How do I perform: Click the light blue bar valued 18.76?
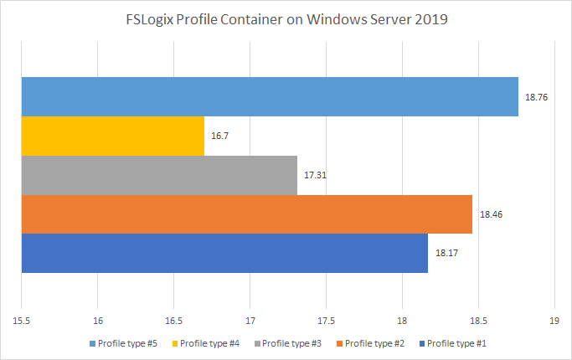tap(270, 97)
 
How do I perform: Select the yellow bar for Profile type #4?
tap(113, 136)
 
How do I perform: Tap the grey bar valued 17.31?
tap(159, 175)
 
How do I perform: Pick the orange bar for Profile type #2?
tap(246, 214)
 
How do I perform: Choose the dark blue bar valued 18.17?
tap(224, 253)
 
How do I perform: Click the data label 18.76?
tap(536, 98)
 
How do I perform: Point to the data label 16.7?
tap(220, 136)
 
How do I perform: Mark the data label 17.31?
tap(315, 176)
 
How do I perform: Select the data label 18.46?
tap(491, 214)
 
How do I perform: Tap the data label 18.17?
tap(446, 254)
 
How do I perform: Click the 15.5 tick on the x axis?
tap(22, 321)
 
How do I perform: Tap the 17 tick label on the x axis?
tap(250, 321)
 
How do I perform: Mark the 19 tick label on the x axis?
tap(554, 321)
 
